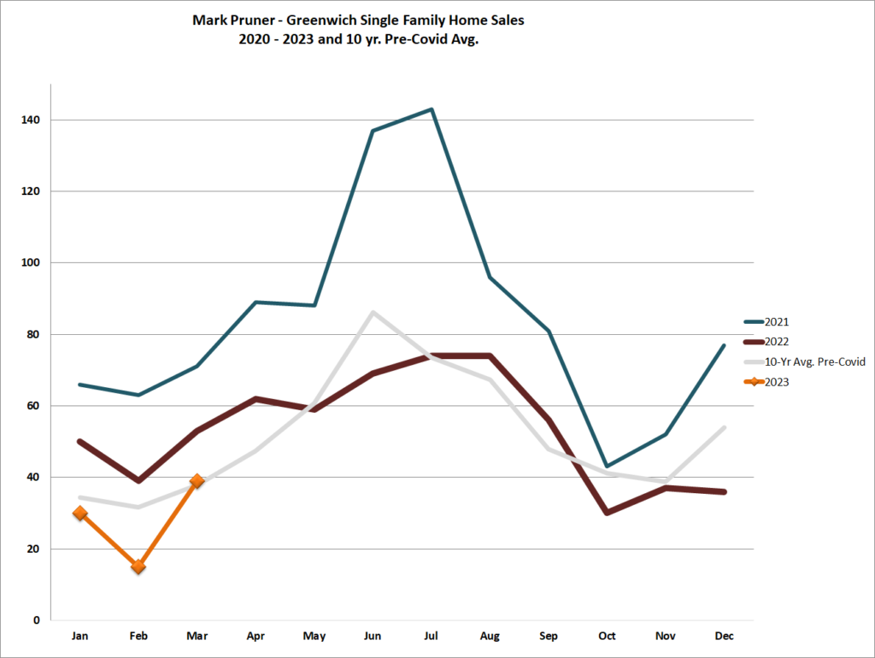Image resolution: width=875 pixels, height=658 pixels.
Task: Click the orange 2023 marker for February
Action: point(138,567)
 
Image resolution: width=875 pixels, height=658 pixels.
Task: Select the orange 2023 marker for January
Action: point(80,513)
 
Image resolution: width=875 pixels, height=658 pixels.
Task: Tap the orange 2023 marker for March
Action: point(197,481)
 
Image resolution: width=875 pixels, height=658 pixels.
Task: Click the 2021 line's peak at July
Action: point(432,109)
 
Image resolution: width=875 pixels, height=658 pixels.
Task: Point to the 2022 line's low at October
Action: point(607,513)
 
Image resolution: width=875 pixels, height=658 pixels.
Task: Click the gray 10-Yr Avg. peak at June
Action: point(373,312)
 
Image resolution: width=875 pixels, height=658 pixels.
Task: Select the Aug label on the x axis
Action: point(490,637)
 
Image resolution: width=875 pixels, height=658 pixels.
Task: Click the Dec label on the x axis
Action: point(724,637)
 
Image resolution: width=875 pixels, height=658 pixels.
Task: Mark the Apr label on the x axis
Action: point(255,637)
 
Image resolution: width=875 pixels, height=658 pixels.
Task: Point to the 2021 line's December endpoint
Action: point(724,345)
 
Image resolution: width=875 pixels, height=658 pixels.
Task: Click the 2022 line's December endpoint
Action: point(724,491)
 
